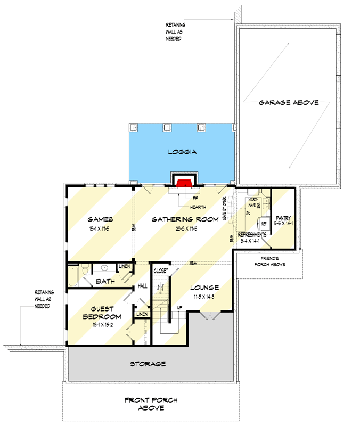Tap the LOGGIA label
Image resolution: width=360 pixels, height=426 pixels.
[183, 152]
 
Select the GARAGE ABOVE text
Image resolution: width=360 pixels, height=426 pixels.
[289, 102]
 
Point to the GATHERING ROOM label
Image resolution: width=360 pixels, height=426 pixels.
[184, 219]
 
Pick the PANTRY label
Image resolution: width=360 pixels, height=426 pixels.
[283, 218]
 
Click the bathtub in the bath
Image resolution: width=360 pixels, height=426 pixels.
[73, 277]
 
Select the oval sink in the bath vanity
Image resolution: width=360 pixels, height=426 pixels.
[105, 268]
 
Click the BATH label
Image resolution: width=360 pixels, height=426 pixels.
[105, 281]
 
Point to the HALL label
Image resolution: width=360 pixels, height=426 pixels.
[143, 286]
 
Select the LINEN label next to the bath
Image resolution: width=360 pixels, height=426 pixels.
[125, 266]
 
